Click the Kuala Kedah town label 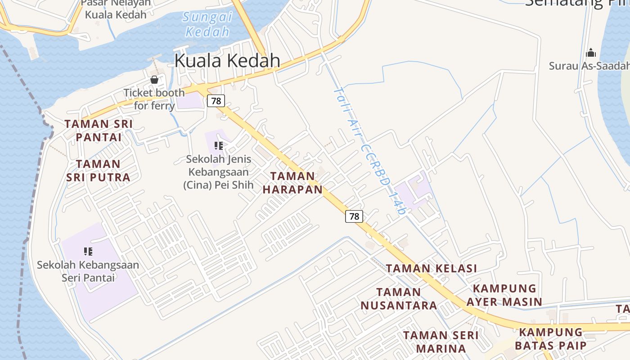227,60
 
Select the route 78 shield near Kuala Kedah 216,101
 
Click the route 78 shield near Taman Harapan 354,216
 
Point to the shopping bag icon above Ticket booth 154,80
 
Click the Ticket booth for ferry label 154,99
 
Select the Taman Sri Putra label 99,171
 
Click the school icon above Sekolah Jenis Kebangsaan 219,146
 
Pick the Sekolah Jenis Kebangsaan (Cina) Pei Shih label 218,172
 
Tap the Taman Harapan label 293,183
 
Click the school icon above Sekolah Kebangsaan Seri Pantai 88,251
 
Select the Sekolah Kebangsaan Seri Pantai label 88,271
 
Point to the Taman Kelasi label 432,269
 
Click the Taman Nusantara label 399,299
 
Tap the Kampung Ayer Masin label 504,295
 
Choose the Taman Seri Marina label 441,342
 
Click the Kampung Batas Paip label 551,339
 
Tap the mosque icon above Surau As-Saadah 591,53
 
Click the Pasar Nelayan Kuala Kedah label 116,9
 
